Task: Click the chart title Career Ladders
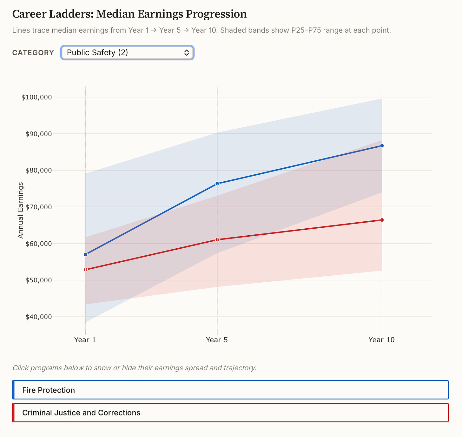[129, 14]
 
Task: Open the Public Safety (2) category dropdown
[127, 53]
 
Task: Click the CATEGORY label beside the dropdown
[33, 53]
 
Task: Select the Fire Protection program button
[230, 390]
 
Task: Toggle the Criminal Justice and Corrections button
[230, 413]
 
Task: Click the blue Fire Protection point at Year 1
[85, 254]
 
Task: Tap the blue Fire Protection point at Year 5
[217, 184]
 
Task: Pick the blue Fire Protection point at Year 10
[382, 146]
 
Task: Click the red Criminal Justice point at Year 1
[85, 270]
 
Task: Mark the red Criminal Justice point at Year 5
[217, 239]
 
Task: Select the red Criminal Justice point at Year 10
[382, 220]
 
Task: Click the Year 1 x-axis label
[85, 340]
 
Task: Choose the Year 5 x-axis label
[217, 340]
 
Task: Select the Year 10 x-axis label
[381, 340]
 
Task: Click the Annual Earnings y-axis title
[21, 210]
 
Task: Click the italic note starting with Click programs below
[134, 368]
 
